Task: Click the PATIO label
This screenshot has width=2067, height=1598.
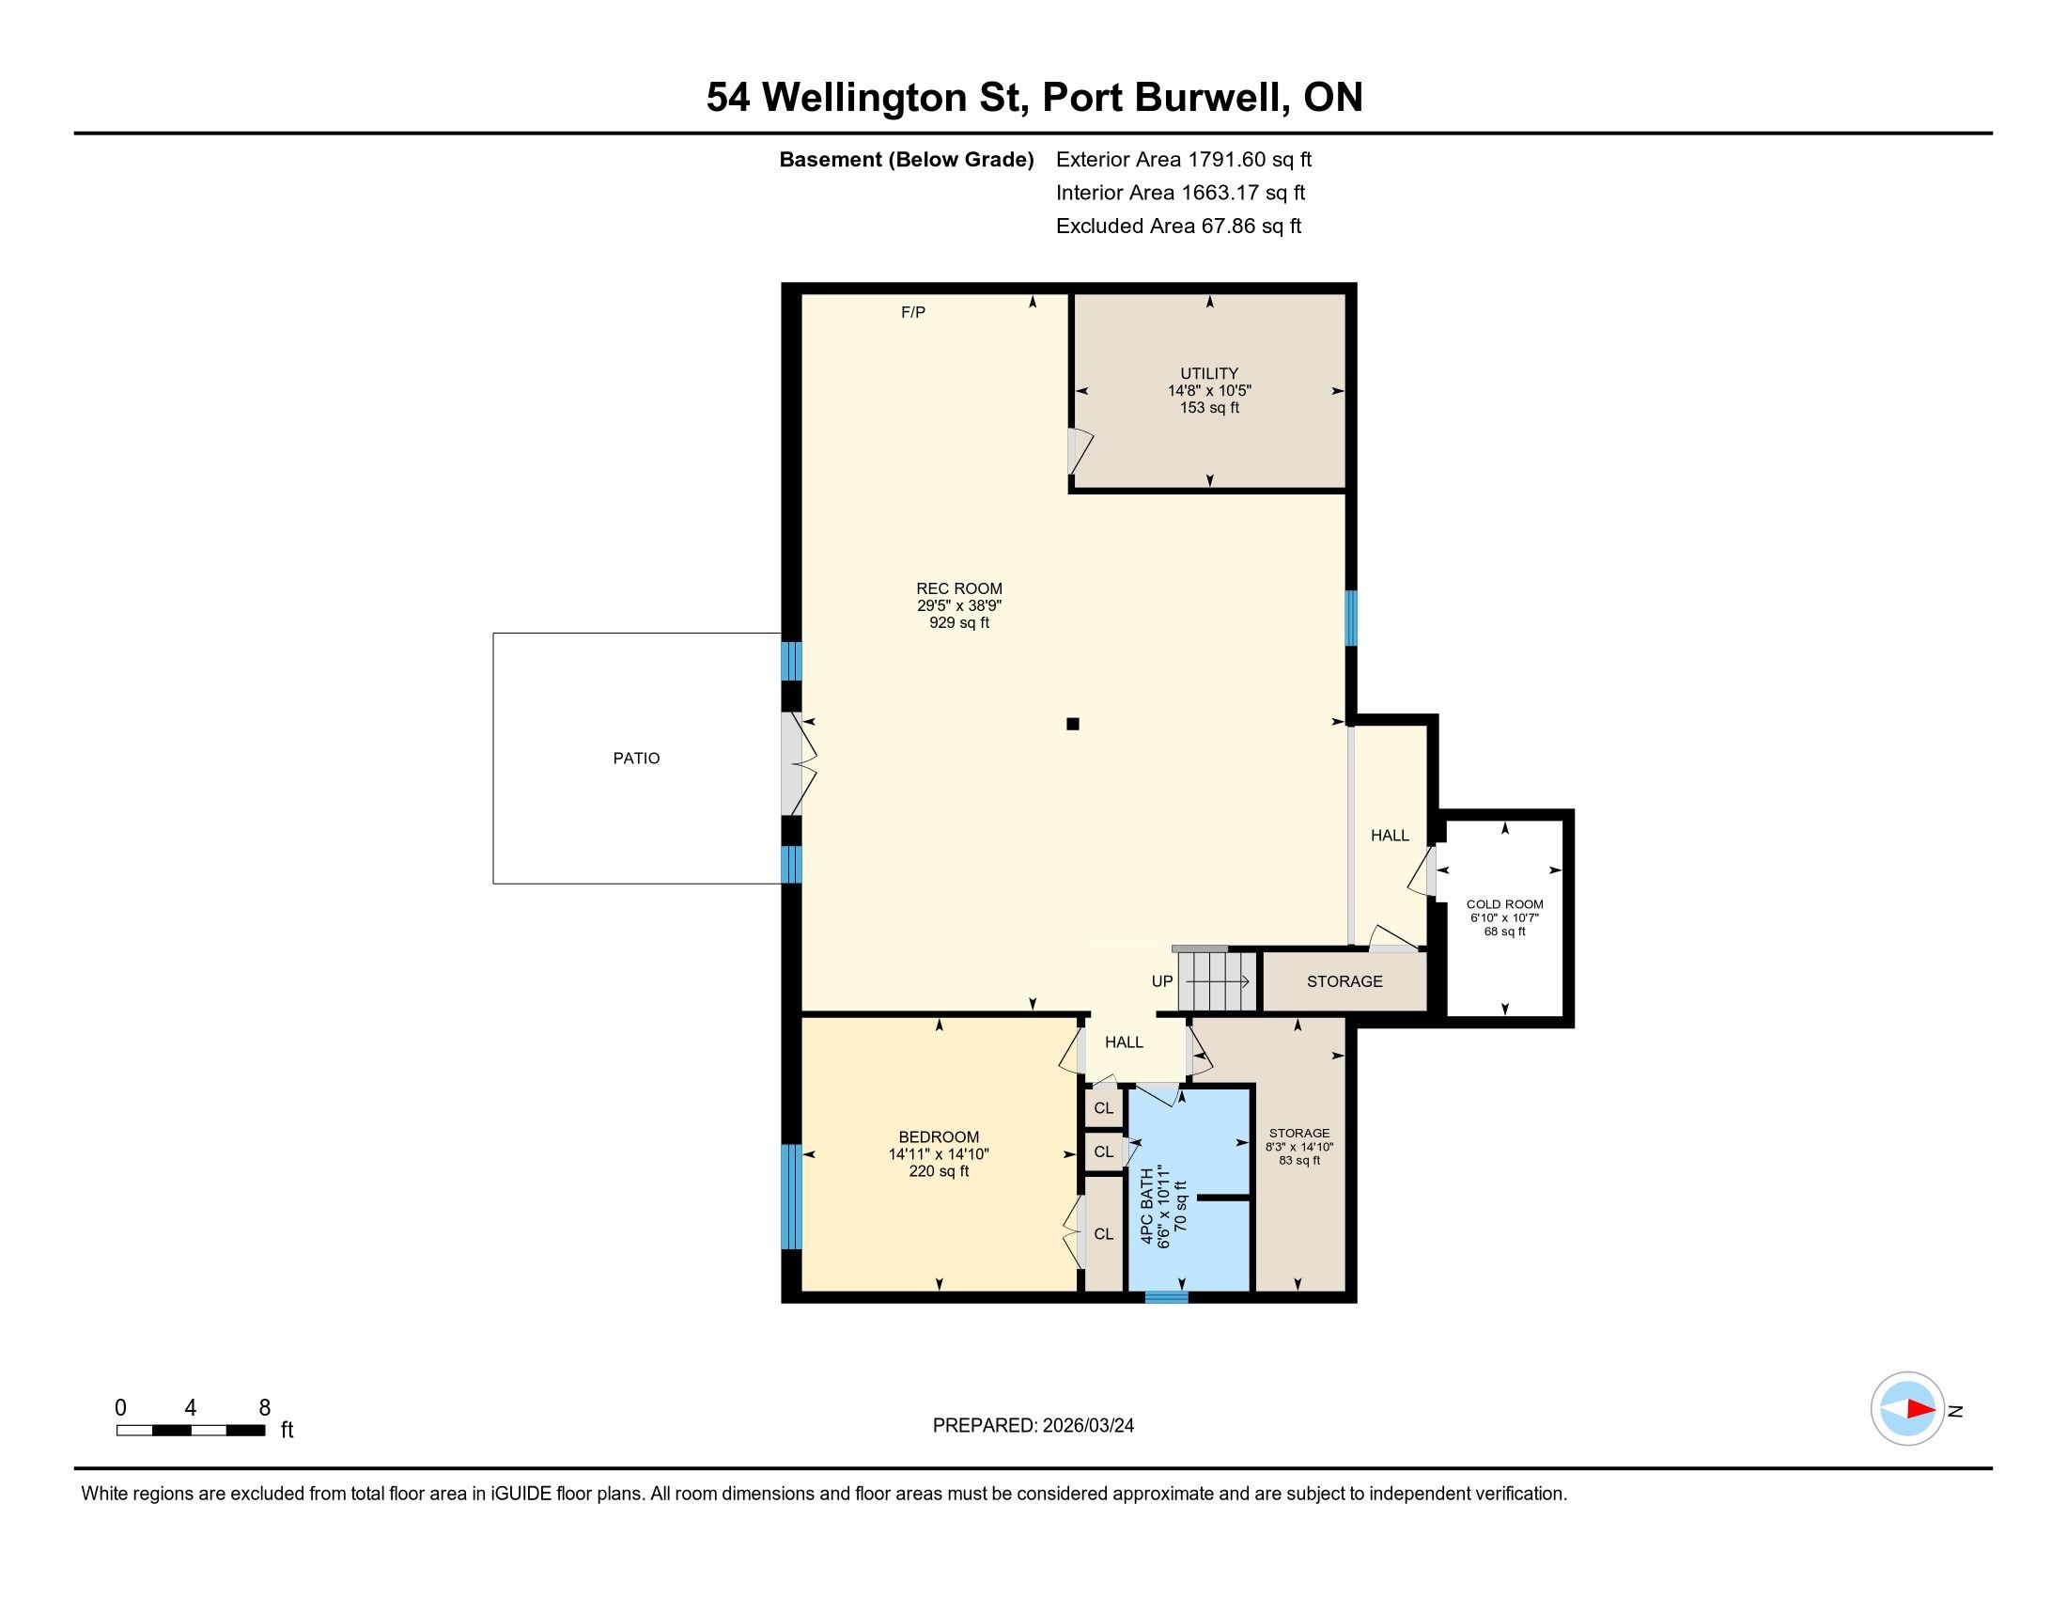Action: pos(636,759)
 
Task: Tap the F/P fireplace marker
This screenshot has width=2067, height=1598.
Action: pos(913,312)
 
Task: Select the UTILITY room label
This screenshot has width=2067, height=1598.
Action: pos(1208,373)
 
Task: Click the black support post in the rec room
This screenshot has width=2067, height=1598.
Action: pos(1072,724)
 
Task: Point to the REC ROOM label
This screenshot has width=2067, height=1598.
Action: pos(958,588)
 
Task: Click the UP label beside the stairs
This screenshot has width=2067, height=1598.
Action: pos(1162,981)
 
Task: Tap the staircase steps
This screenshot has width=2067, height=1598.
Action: pos(1217,981)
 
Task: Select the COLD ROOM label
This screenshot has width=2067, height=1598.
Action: pos(1505,904)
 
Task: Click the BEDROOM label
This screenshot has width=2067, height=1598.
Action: pos(939,1137)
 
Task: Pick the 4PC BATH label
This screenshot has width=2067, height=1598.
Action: pos(1147,1207)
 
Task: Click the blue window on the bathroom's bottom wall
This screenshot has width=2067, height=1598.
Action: pos(1166,1297)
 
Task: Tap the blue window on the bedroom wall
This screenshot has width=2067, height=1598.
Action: pos(790,1197)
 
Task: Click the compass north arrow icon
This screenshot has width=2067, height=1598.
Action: pos(1907,1409)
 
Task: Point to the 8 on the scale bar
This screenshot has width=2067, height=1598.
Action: pos(265,1408)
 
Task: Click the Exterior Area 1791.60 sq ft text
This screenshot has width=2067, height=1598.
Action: pos(1184,160)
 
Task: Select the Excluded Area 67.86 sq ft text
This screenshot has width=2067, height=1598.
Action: pos(1178,227)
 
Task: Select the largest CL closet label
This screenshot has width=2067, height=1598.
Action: pos(1104,1234)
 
